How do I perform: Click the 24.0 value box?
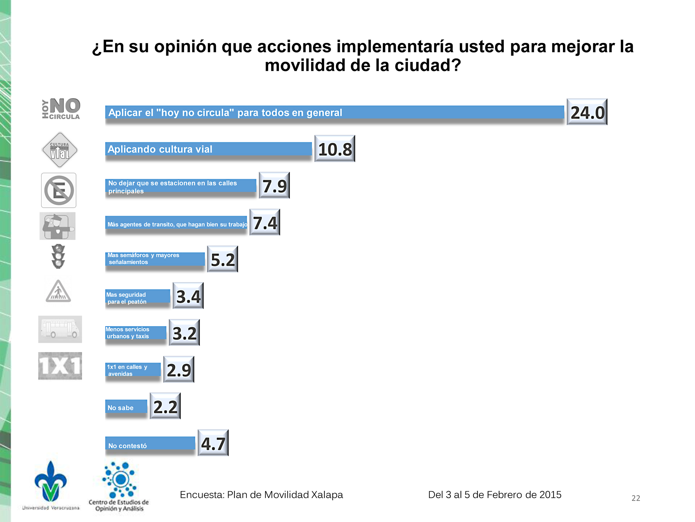(587, 112)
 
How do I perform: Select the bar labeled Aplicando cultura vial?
(208, 149)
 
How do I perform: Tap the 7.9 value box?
(274, 185)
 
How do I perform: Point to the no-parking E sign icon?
(59, 190)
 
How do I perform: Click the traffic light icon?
(58, 256)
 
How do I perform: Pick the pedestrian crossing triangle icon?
(59, 291)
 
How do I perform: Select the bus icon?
(60, 329)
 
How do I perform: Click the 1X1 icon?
(60, 366)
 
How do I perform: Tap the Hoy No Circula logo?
(61, 108)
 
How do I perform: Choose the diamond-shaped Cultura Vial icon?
(59, 150)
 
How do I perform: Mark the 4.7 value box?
(213, 443)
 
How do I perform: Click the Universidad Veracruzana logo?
(51, 485)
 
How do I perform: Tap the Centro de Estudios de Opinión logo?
(119, 487)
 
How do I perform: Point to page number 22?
(636, 498)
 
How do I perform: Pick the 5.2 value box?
(223, 259)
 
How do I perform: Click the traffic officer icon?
(58, 226)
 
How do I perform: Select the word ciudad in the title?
(427, 66)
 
